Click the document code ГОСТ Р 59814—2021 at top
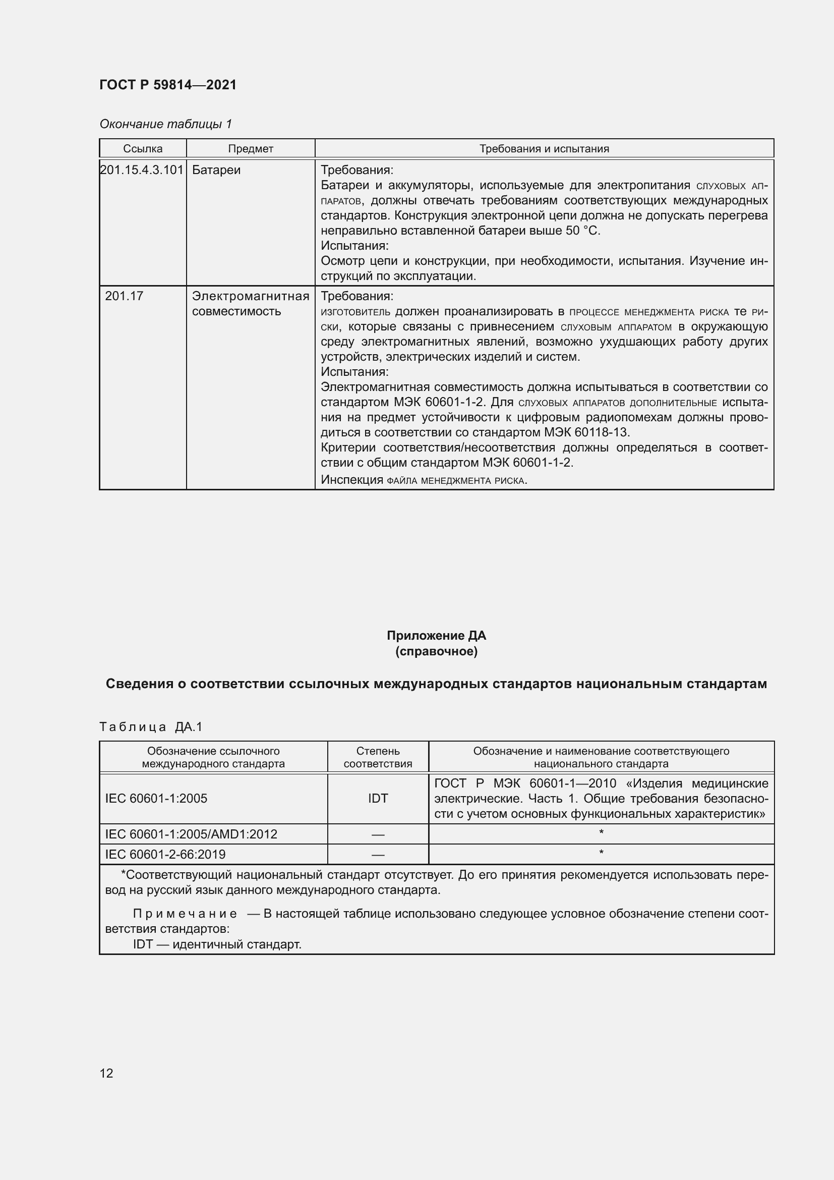[168, 85]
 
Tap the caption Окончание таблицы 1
[165, 124]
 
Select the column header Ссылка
[143, 148]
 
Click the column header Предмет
[250, 148]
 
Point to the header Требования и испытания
[544, 148]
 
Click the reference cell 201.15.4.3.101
[142, 170]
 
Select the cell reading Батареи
[216, 170]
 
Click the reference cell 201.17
[124, 296]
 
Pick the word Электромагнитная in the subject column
[250, 296]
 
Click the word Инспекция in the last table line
[352, 479]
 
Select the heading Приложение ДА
[436, 635]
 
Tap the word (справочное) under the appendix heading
[436, 651]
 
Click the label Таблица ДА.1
[151, 726]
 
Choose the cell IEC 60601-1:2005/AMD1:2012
[191, 834]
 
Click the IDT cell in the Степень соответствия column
[378, 798]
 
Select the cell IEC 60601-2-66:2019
[165, 854]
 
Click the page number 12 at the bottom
[106, 1073]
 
